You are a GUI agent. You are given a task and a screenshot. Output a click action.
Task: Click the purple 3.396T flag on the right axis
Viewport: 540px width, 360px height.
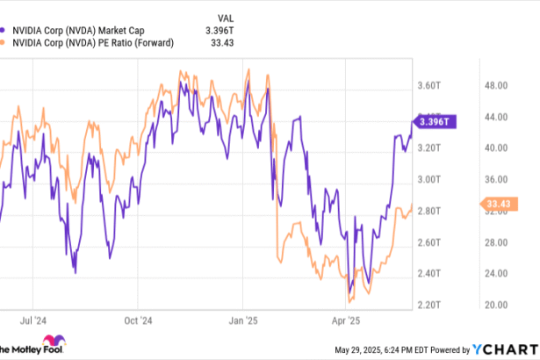coord(432,121)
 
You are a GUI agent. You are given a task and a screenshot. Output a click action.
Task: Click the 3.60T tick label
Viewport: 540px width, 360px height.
coord(428,85)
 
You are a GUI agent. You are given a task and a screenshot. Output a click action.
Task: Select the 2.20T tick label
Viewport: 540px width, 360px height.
coord(428,305)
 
